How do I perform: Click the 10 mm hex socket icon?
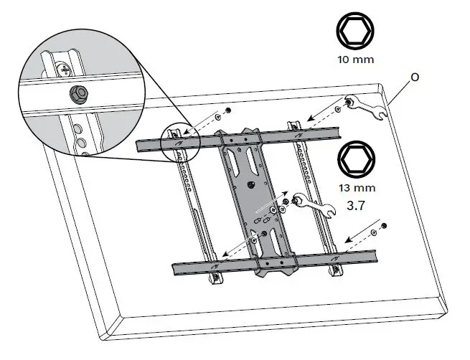click(x=356, y=33)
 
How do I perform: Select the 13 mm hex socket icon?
click(x=356, y=159)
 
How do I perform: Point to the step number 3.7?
click(x=357, y=205)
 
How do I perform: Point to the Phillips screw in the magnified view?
click(x=64, y=70)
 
